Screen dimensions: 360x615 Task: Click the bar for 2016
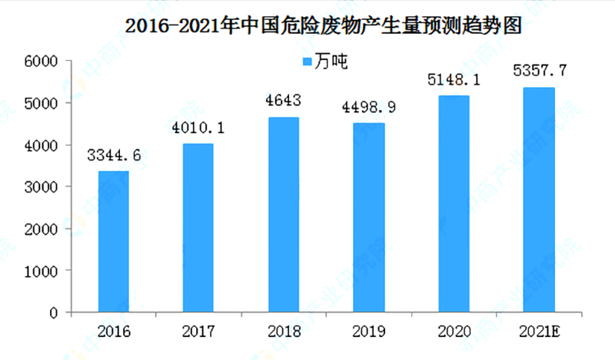[113, 242]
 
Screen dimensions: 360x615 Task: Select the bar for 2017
[198, 228]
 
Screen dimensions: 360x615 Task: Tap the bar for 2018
[283, 215]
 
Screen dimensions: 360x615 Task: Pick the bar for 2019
[368, 218]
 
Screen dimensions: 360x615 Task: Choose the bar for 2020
[454, 205]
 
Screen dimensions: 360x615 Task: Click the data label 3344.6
[113, 157]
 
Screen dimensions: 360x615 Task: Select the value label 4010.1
[198, 129]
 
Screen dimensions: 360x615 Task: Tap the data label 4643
[283, 102]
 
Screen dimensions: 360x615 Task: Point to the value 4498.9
[368, 108]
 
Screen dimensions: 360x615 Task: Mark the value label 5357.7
[538, 72]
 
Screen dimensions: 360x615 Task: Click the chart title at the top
[323, 25]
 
